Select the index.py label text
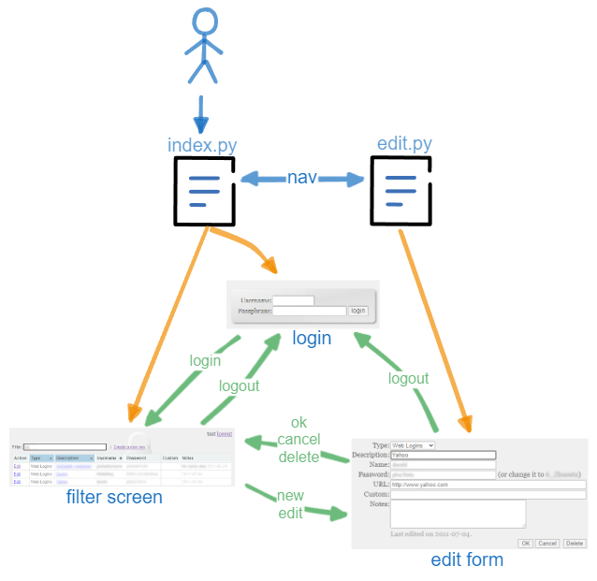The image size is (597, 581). click(202, 145)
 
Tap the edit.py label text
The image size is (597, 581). click(404, 144)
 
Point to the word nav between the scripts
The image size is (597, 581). click(301, 178)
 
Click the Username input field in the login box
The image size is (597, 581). click(293, 300)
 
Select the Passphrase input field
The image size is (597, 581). click(309, 311)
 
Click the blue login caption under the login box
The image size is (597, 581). click(311, 338)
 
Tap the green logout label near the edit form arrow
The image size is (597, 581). click(408, 378)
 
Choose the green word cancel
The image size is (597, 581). click(298, 440)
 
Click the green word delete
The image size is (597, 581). click(298, 457)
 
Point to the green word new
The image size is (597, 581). click(290, 495)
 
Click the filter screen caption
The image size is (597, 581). click(114, 497)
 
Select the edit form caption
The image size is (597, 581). click(466, 559)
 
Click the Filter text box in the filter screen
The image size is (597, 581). click(66, 447)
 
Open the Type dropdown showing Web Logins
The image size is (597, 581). click(413, 445)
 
